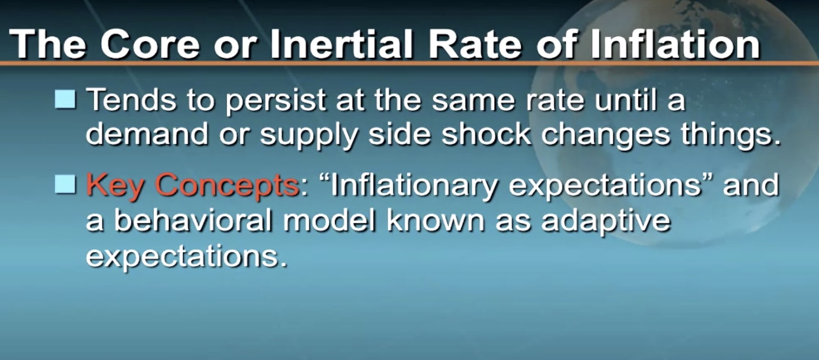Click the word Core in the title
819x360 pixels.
[151, 44]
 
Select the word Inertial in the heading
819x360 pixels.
[342, 44]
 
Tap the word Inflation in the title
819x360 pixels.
[675, 44]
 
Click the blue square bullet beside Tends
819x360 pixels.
[66, 99]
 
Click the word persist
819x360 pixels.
[276, 101]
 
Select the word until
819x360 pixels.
[626, 99]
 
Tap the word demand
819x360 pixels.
[147, 134]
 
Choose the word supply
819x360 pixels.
[308, 136]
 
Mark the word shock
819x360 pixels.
[486, 134]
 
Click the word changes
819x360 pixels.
[606, 136]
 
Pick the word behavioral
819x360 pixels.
[193, 220]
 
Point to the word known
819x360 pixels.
[436, 220]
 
